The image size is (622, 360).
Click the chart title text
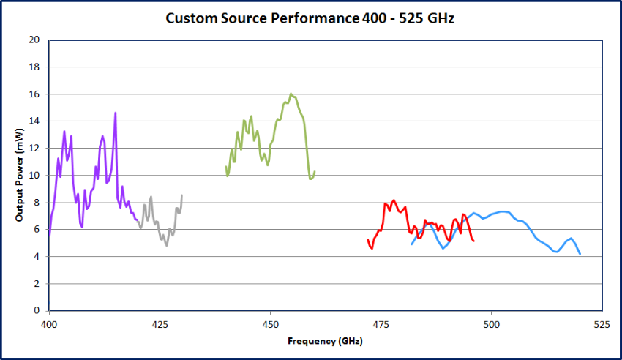pyautogui.click(x=310, y=18)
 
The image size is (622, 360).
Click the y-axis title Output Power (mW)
pyautogui.click(x=20, y=175)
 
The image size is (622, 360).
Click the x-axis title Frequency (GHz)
pyautogui.click(x=325, y=340)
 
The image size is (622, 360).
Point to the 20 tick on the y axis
pyautogui.click(x=34, y=40)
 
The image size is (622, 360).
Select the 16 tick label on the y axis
pyautogui.click(x=34, y=94)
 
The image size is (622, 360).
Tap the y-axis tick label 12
pyautogui.click(x=34, y=149)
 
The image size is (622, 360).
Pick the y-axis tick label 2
pyautogui.click(x=36, y=284)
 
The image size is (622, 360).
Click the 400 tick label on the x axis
pyautogui.click(x=49, y=323)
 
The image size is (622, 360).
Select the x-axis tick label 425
pyautogui.click(x=160, y=323)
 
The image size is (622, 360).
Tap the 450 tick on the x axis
pyautogui.click(x=271, y=323)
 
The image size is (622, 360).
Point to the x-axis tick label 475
pyautogui.click(x=381, y=323)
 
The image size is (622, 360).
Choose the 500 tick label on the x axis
pyautogui.click(x=492, y=323)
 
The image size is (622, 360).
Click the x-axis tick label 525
pyautogui.click(x=602, y=323)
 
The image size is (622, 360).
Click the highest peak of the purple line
pyautogui.click(x=115, y=113)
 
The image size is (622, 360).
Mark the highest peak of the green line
pyautogui.click(x=291, y=94)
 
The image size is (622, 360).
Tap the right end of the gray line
pyautogui.click(x=181, y=195)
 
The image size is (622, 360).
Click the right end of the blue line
pyautogui.click(x=580, y=254)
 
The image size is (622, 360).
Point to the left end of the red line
pyautogui.click(x=367, y=239)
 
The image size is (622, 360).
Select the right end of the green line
pyautogui.click(x=315, y=172)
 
